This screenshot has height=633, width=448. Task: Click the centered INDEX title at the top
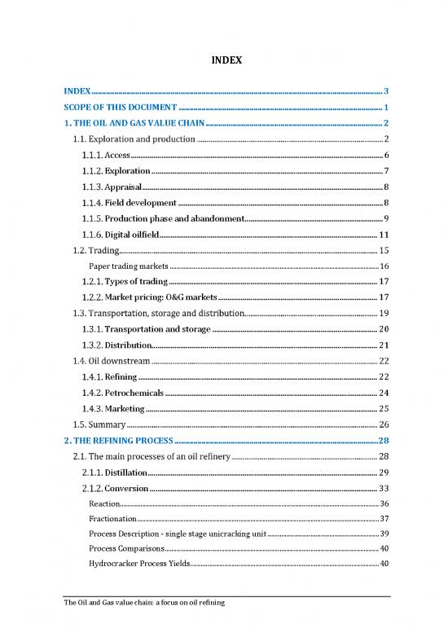(224, 60)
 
